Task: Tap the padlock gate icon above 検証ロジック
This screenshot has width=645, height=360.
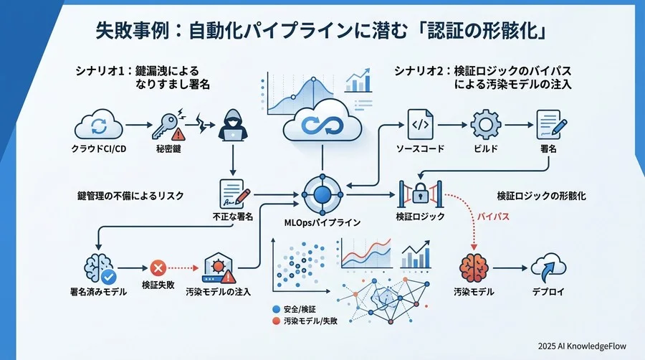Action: pos(421,194)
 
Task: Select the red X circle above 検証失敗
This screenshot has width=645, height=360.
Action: pos(159,268)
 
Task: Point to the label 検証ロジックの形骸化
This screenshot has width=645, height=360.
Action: pos(544,195)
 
